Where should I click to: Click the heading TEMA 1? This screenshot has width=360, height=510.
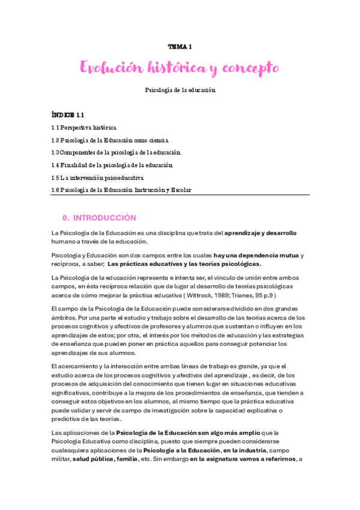click(180, 46)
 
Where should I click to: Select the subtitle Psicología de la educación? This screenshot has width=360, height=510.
click(180, 90)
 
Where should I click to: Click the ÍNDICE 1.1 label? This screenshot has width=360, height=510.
click(67, 114)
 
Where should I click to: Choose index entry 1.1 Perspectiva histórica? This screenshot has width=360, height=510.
click(84, 127)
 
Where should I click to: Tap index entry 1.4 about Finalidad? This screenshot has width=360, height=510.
click(112, 165)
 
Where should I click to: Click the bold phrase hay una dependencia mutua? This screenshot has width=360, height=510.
click(256, 256)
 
